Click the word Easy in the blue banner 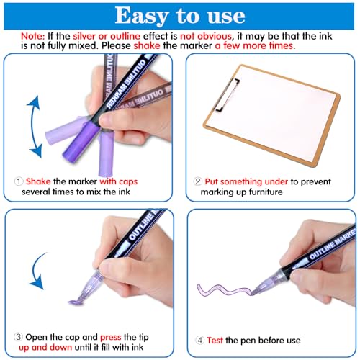142,16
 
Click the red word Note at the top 32,36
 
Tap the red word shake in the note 147,45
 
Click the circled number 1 19,181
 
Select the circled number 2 197,181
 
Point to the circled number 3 18,337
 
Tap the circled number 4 199,341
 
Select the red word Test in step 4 215,341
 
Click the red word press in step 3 111,338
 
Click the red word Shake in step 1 38,181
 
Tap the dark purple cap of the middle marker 81,142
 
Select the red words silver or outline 107,36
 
